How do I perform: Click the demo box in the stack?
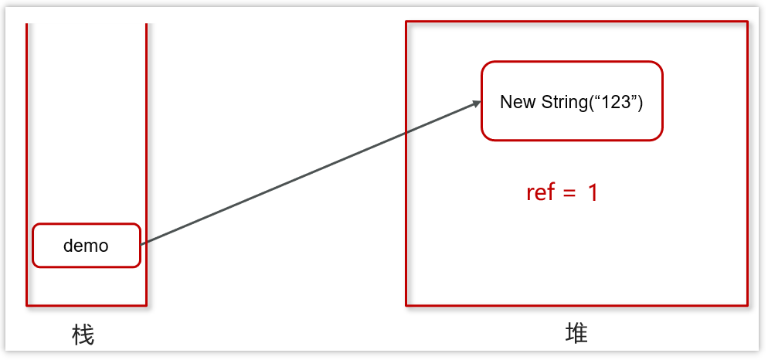(86, 246)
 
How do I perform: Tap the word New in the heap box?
(518, 102)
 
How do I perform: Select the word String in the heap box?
(564, 102)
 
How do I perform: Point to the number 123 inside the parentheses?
(616, 102)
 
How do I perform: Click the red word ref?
(541, 192)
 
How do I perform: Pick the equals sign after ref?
(569, 193)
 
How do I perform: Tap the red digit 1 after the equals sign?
(593, 193)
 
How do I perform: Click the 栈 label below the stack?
(83, 335)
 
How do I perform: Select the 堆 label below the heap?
(576, 333)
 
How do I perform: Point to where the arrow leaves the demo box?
(142, 244)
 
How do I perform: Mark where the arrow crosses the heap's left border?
(406, 134)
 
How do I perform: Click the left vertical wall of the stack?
(27, 155)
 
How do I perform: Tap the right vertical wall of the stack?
(146, 155)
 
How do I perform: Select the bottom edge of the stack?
(87, 305)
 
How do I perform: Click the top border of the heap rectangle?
(576, 22)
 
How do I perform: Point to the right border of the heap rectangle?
(747, 162)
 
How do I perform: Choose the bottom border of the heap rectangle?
(576, 305)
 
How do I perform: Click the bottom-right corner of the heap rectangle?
(747, 305)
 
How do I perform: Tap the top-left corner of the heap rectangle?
(406, 22)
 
